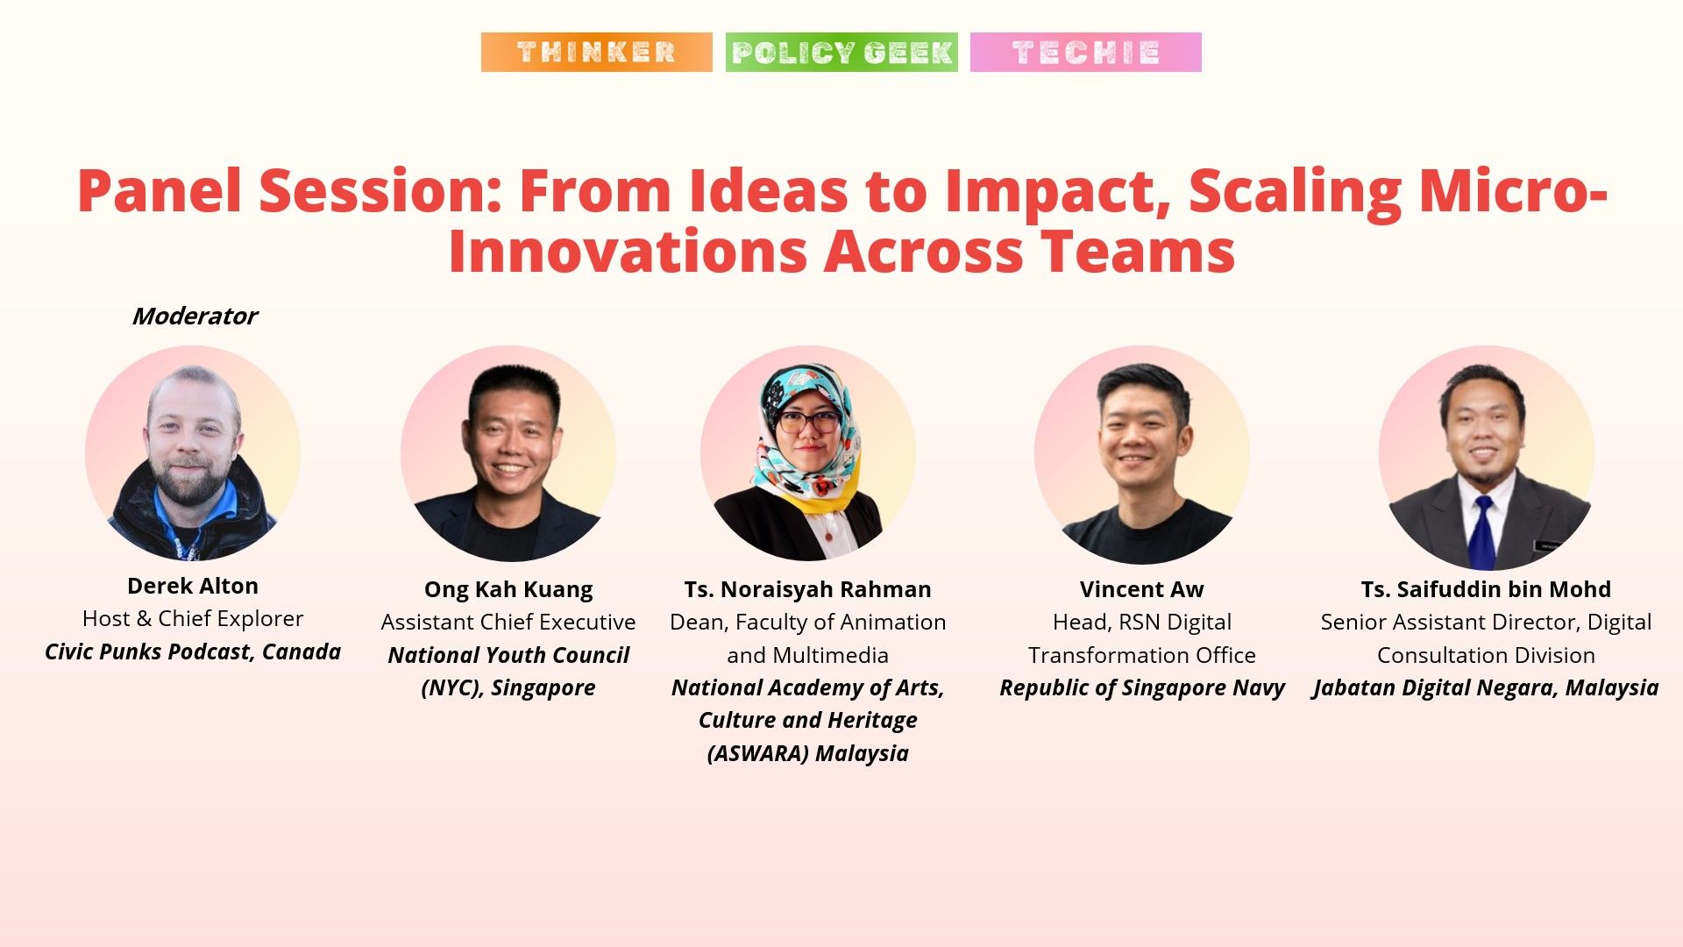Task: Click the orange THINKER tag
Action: tap(596, 52)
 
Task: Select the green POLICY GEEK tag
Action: tap(841, 52)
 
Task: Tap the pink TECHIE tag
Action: tap(1085, 52)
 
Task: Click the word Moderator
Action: tap(195, 316)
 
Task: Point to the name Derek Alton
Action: tap(193, 586)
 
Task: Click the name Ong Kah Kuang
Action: tap(508, 589)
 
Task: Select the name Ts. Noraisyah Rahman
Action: tap(807, 589)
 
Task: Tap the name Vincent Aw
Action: tap(1141, 589)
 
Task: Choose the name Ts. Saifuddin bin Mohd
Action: tap(1486, 589)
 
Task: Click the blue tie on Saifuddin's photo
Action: tap(1482, 530)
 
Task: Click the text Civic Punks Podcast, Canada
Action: tap(193, 652)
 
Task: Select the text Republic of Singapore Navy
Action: tap(1141, 687)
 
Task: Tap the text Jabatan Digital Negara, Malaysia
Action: tap(1486, 687)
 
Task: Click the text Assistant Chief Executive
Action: tap(508, 622)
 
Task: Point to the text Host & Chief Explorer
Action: tap(193, 618)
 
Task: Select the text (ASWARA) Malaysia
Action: tap(807, 753)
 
